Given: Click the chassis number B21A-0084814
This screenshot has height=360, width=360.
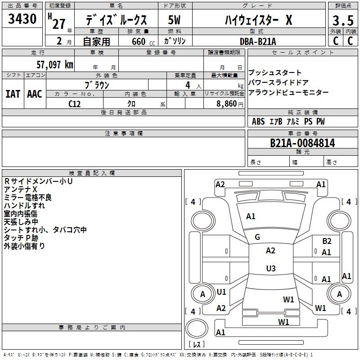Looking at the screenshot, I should click(x=302, y=143).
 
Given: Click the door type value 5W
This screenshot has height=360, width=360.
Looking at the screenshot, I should click(x=174, y=20).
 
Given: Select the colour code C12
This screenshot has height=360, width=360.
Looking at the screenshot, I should click(x=75, y=103).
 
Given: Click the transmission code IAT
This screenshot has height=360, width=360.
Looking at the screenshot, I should click(x=13, y=94).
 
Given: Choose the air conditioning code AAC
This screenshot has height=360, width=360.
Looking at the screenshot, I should click(x=35, y=94).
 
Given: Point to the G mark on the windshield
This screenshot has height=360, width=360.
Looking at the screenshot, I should click(x=257, y=237).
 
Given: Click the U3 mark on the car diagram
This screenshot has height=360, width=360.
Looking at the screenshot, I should click(x=270, y=269).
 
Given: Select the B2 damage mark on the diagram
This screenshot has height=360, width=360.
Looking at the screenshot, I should click(x=327, y=241).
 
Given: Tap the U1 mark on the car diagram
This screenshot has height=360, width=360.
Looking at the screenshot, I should click(x=221, y=292).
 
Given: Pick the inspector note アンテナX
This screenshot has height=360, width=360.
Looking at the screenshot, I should click(x=21, y=189).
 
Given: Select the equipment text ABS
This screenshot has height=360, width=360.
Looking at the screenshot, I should click(x=258, y=121).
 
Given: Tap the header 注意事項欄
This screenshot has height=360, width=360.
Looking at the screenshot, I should click(x=123, y=133).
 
